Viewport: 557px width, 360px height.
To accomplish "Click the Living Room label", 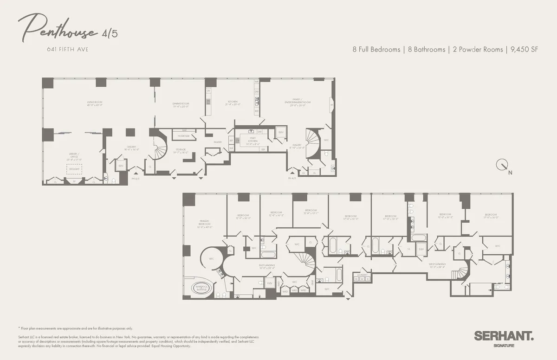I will coord(95,103).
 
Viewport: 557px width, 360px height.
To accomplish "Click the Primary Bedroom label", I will coord(205,223).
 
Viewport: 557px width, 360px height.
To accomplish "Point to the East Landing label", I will coord(267,266).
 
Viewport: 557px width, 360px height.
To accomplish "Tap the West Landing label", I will coord(437,265).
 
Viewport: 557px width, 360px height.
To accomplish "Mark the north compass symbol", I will coord(502,165).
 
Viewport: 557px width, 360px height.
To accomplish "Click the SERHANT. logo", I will coord(504,336).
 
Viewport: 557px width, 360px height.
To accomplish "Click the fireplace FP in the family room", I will coord(331,105).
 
